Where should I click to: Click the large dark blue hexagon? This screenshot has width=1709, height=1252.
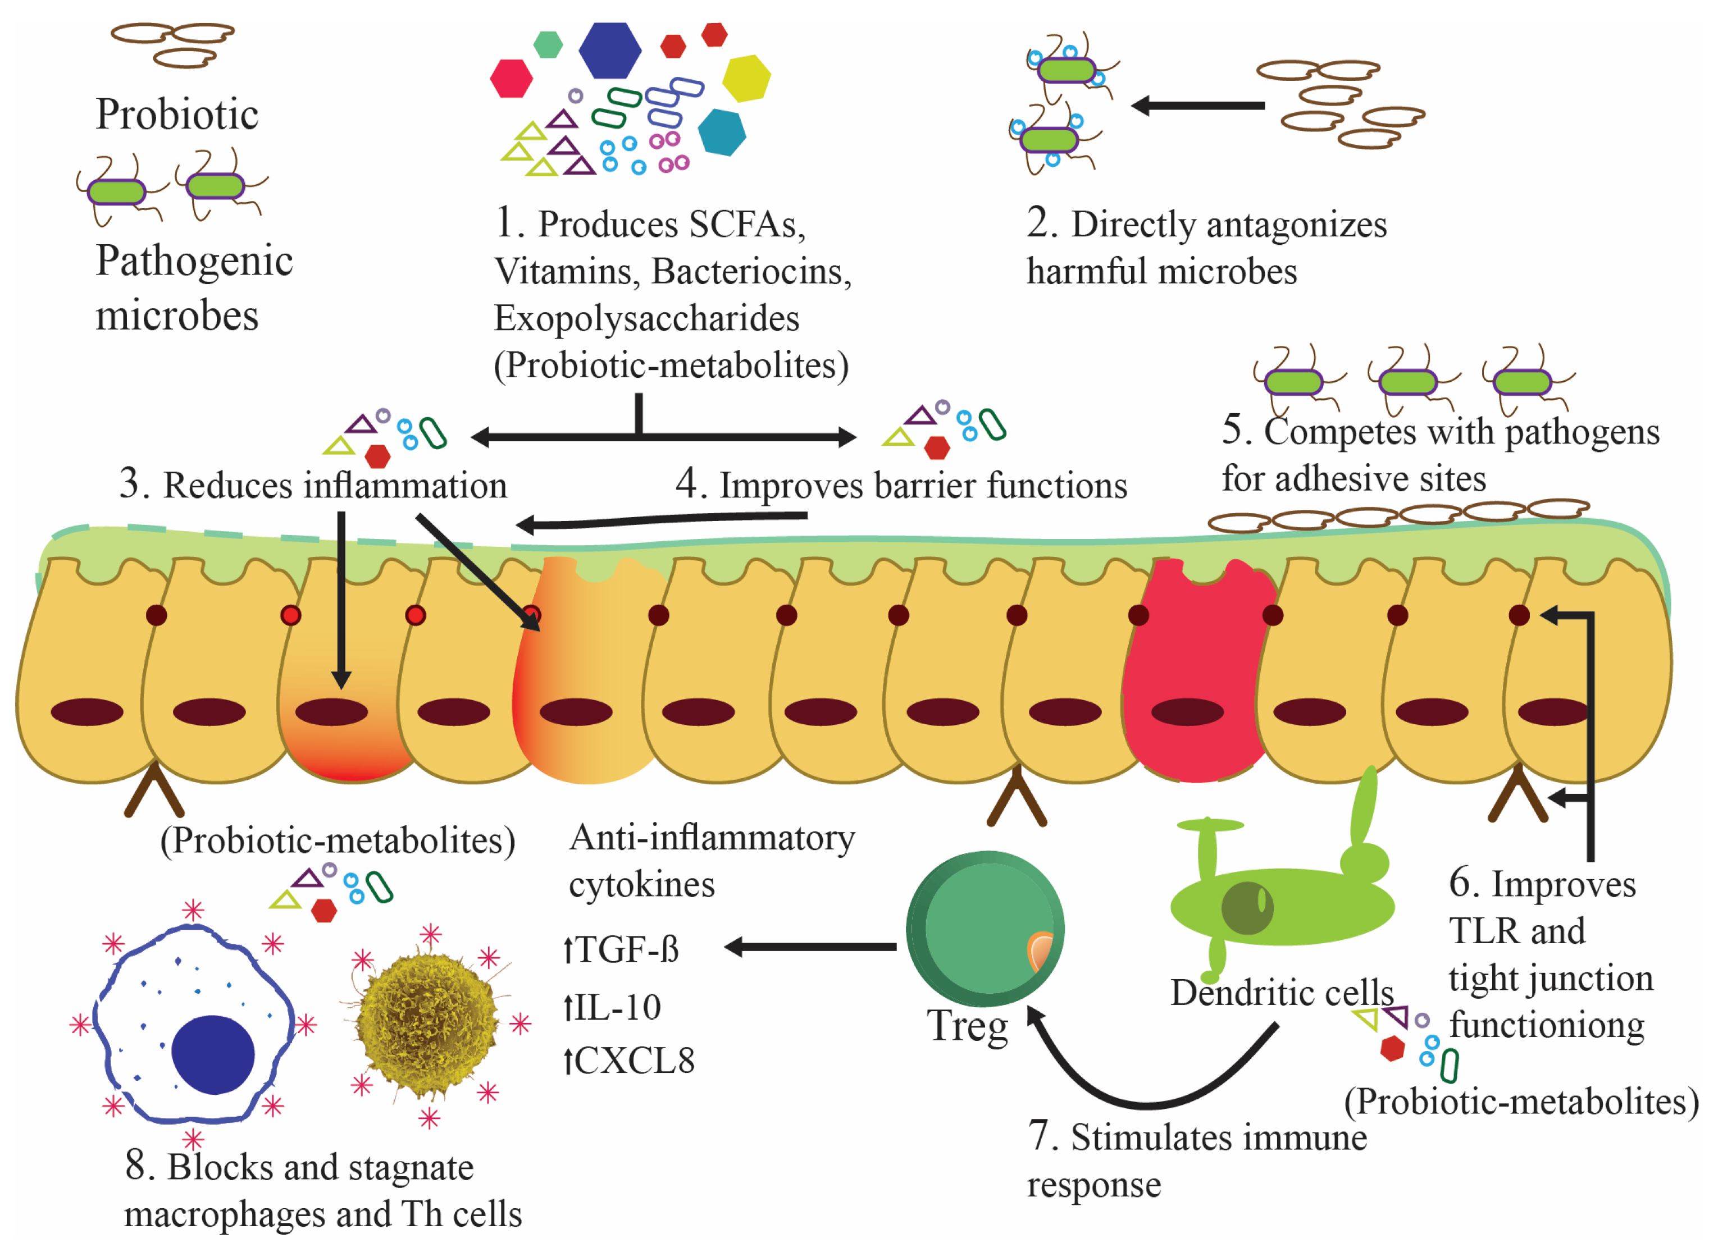point(609,50)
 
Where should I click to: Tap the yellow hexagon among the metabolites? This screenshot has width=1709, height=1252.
point(745,78)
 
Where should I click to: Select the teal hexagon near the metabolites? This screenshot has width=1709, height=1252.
point(721,132)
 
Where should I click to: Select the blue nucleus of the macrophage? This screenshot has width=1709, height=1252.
point(212,1053)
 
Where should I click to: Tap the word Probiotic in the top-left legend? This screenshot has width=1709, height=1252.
point(177,115)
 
